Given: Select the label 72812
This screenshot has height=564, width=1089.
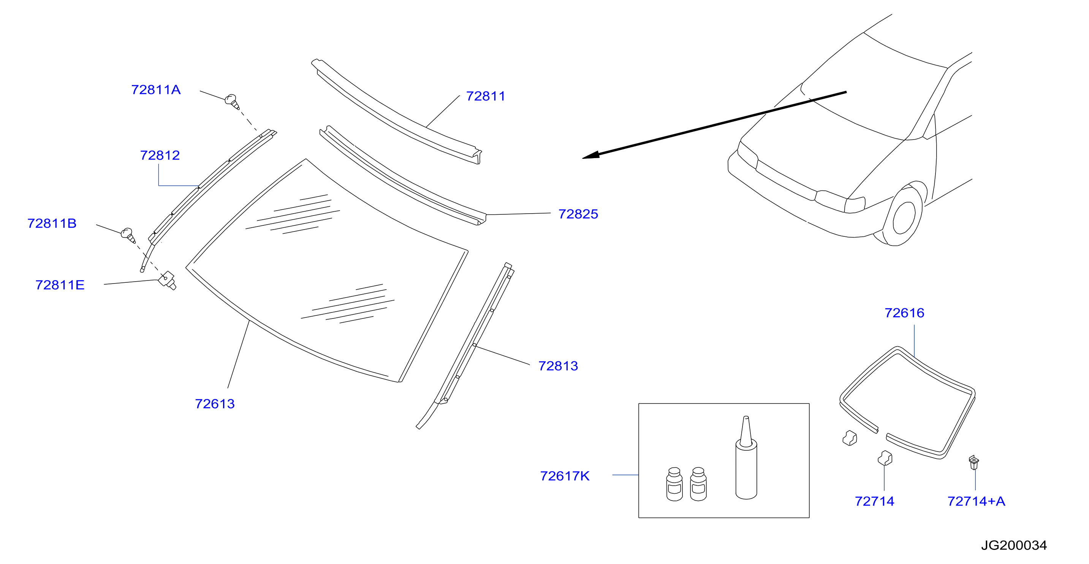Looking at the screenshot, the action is coord(160,155).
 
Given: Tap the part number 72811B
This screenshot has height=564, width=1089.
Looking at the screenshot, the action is coord(52,223).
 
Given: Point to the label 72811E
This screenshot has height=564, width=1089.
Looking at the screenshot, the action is coord(60,285).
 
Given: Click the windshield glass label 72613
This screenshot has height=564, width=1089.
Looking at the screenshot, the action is coord(215,404).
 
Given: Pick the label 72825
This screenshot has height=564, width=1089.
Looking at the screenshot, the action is coord(578,214).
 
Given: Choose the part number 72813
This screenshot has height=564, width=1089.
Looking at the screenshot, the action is coord(558,366).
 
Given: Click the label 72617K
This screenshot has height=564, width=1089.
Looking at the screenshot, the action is coord(565,476).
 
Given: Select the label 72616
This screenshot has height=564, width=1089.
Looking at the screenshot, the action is coord(905,313).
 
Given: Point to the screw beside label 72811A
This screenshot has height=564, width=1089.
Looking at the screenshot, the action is coord(232,101).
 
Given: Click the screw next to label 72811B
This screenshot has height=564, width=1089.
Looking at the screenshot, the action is coord(128,236).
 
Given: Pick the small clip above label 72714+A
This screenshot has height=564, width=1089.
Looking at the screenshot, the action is coord(973,462).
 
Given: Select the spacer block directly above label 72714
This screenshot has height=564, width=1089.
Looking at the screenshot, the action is coord(885,458).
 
